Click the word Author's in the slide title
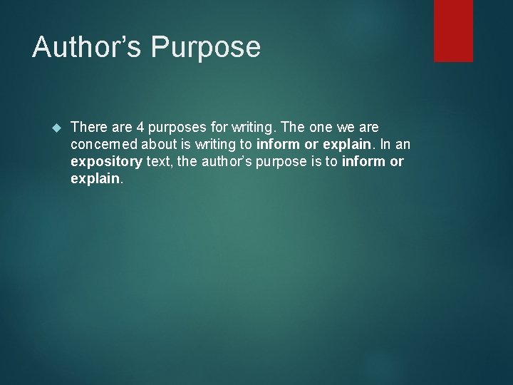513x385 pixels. (x=85, y=48)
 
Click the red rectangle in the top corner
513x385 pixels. (x=453, y=31)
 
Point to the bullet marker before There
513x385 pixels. (x=58, y=128)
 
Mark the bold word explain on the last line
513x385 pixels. (x=95, y=179)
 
